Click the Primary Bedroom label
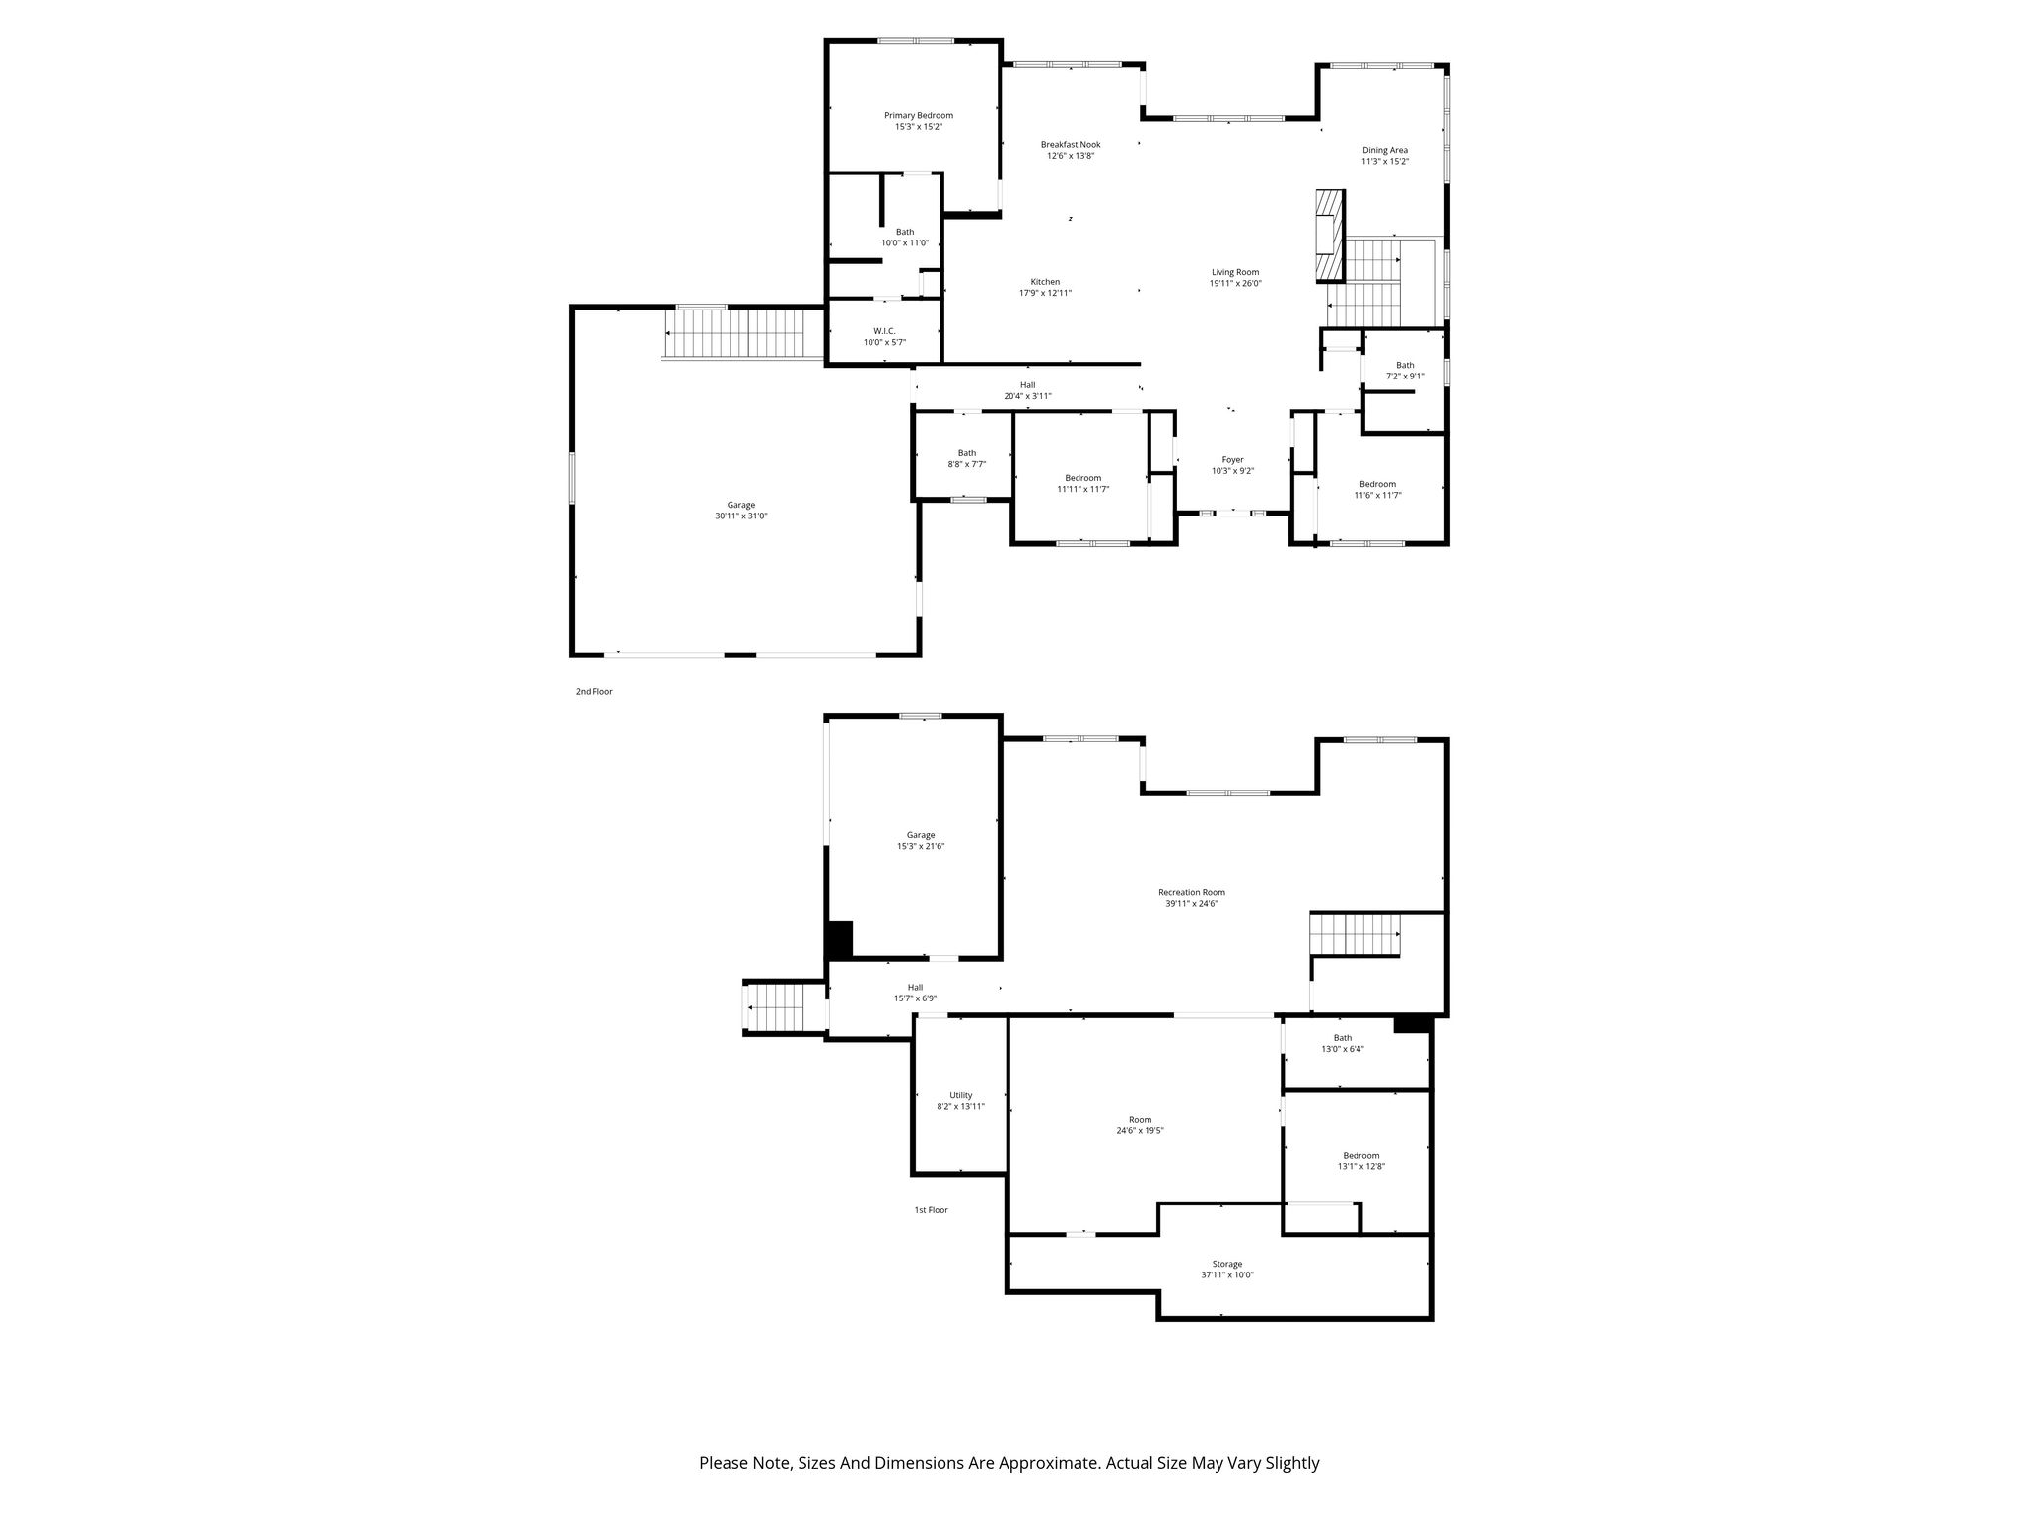918,116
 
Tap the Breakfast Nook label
1071,145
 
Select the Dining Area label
1385,151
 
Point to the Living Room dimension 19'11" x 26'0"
1235,284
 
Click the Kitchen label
1045,282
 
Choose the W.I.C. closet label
884,331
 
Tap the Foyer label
1232,460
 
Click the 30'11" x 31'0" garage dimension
741,516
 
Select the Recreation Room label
1192,893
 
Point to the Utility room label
961,1095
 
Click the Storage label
1227,1264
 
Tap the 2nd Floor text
594,692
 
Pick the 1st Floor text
931,1210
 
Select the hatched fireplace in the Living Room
1328,235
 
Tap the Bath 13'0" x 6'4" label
1343,1044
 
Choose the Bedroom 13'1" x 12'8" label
1361,1161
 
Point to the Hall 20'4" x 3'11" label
1028,390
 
